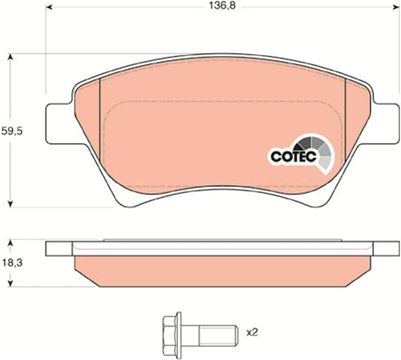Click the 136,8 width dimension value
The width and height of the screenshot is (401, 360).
[222, 6]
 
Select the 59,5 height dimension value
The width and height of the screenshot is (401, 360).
[12, 131]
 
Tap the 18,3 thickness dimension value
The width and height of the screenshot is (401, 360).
[12, 263]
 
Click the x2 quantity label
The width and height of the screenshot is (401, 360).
[252, 333]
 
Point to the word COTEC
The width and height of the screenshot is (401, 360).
[294, 156]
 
